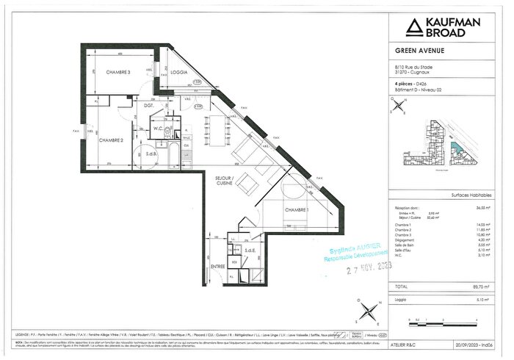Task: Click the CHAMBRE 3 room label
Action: click(118, 72)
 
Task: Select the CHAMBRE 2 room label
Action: click(111, 141)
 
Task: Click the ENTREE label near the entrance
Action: click(217, 266)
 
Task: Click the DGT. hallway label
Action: click(148, 107)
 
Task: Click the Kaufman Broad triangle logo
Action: click(416, 28)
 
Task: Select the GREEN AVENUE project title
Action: click(416, 51)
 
